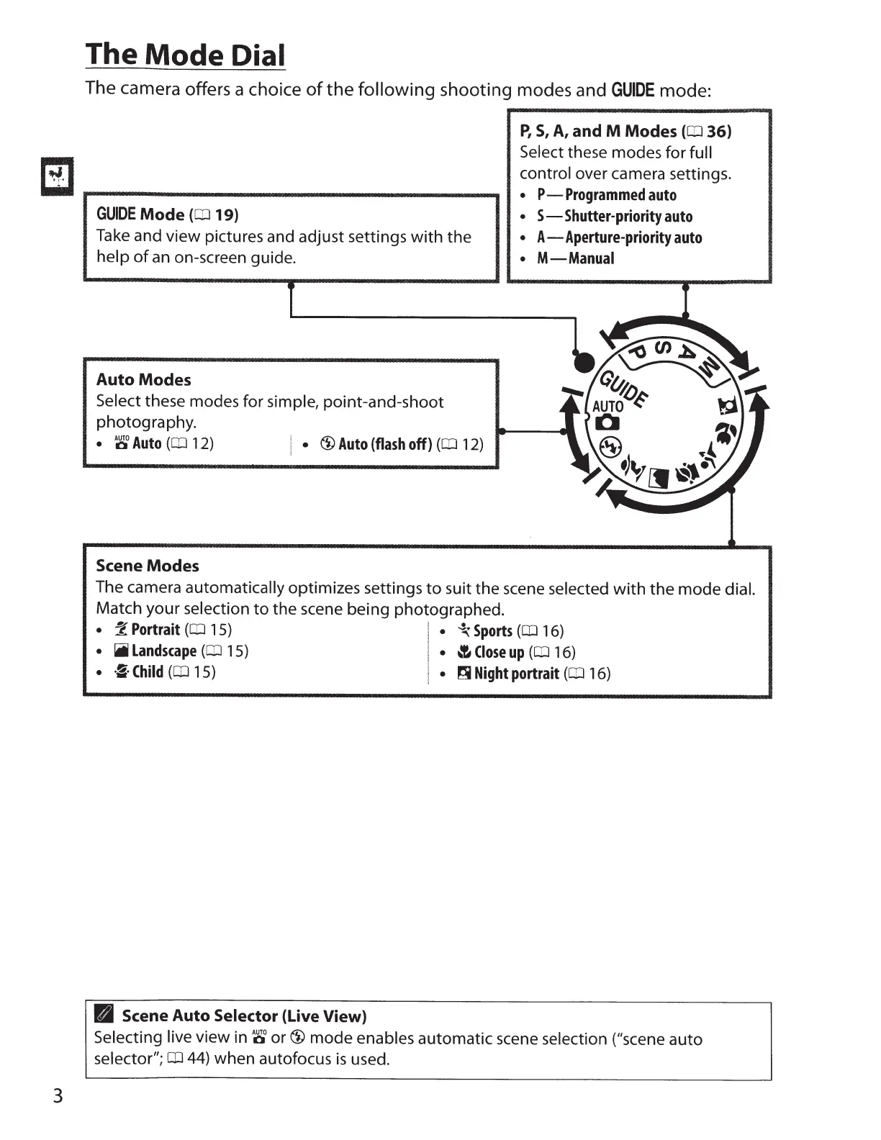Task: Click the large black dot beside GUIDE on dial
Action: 584,361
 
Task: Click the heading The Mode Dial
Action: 185,55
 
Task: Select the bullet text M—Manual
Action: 575,258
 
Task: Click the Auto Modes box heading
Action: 144,379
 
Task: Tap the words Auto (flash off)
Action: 384,444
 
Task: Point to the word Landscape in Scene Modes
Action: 163,651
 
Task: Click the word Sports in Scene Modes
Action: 492,631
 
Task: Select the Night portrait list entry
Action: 516,674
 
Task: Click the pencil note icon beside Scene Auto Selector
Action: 105,1016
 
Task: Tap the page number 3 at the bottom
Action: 58,1096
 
